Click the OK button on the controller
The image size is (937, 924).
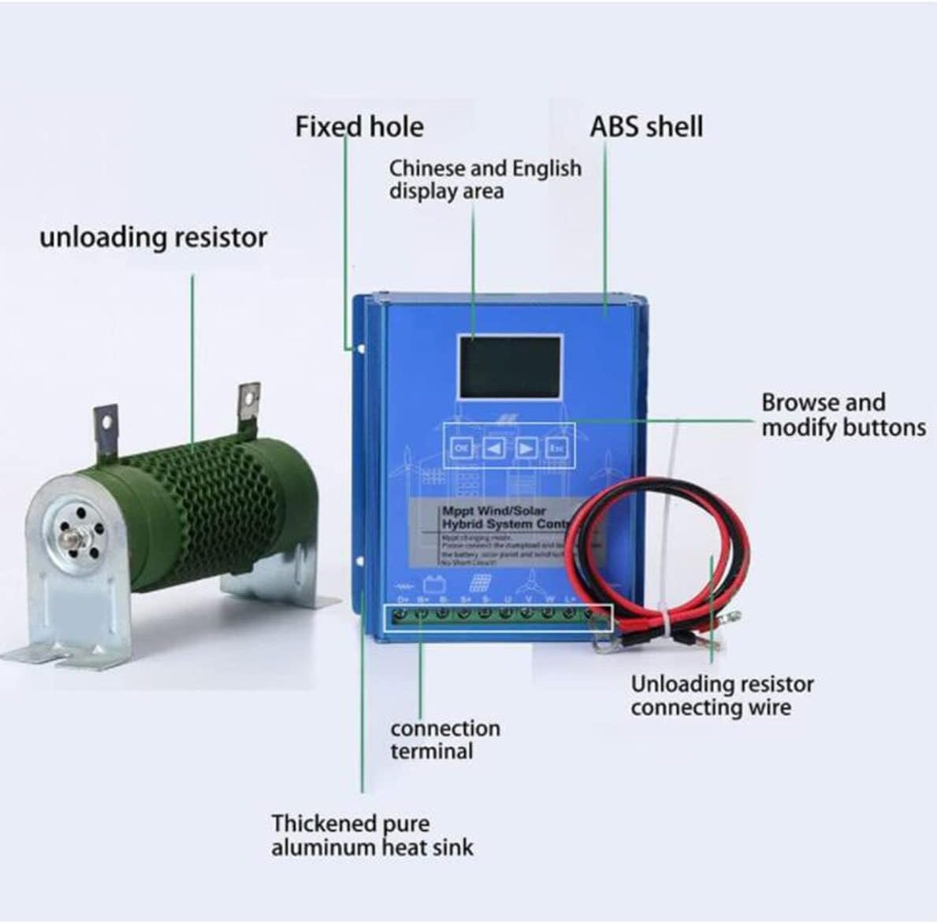(462, 449)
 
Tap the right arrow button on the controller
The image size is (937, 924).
(526, 449)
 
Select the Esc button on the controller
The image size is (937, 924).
(558, 449)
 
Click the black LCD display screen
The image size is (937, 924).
(511, 367)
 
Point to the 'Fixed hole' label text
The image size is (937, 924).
(359, 127)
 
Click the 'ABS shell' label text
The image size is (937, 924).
(646, 127)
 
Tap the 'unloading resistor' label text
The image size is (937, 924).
(153, 237)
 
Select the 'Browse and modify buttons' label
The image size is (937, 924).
(842, 415)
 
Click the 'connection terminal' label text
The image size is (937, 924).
(444, 740)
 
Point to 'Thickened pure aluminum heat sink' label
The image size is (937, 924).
(372, 836)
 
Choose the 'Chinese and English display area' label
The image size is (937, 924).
(485, 180)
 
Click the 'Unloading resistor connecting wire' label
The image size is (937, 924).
(721, 695)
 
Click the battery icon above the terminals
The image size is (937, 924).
(433, 586)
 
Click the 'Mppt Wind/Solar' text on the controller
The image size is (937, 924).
(494, 511)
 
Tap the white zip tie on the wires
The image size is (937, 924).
(664, 624)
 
